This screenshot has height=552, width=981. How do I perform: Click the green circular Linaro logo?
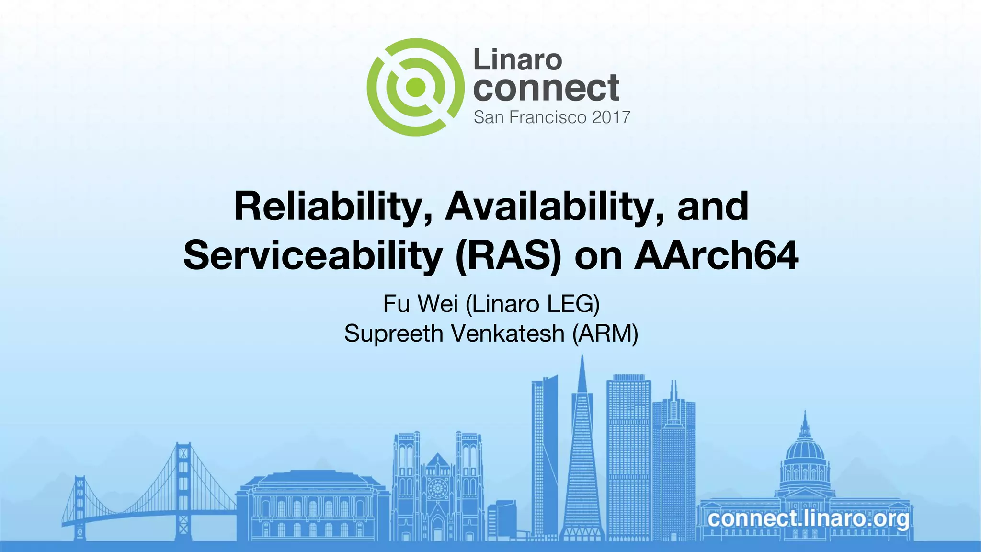click(x=415, y=87)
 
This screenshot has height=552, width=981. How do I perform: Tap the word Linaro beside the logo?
click(x=517, y=60)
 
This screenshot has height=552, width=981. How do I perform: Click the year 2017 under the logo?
click(x=611, y=117)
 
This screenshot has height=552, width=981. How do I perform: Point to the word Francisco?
click(x=548, y=117)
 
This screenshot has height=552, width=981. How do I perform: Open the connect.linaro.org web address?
click(x=808, y=519)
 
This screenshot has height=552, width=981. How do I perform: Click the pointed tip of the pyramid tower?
click(x=582, y=358)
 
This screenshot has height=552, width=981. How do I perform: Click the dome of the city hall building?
click(x=805, y=448)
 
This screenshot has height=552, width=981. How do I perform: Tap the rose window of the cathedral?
click(x=437, y=489)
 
